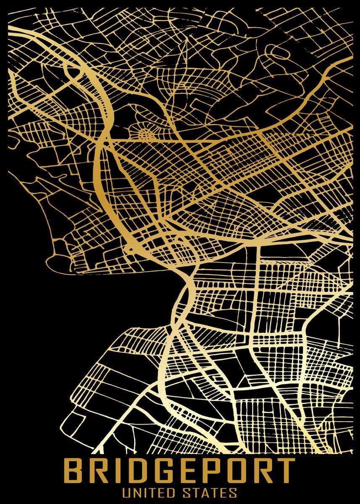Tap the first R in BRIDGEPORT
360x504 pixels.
point(96,472)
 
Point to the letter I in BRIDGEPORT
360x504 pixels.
point(113,472)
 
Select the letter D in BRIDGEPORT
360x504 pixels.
point(129,472)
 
